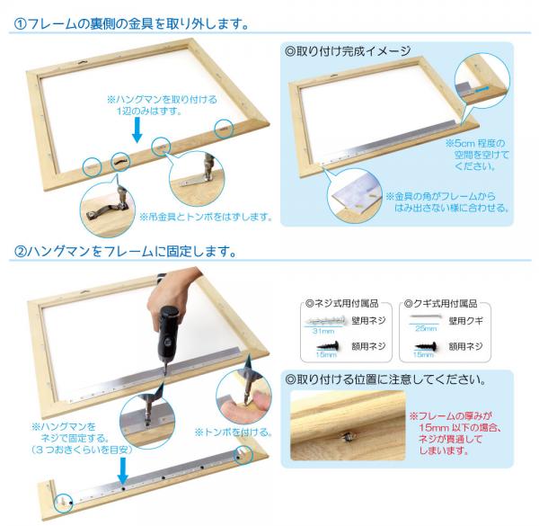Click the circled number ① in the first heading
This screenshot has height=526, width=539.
[20, 24]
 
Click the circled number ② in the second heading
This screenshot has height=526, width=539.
[20, 251]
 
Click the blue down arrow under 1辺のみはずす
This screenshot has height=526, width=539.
[137, 129]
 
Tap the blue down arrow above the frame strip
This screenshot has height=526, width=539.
[123, 470]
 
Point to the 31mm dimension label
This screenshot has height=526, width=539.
[323, 331]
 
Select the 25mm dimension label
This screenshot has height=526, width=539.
[426, 328]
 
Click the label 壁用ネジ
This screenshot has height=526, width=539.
[368, 321]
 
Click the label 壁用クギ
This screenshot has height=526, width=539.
[465, 321]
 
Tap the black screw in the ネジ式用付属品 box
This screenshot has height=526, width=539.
[328, 346]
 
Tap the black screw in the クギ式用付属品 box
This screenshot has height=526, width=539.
[426, 346]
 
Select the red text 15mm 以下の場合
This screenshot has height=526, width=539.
[460, 428]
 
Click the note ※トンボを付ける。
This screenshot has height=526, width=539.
[234, 432]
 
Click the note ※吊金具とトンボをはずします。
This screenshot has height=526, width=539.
[206, 217]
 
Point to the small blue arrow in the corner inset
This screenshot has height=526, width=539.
[482, 89]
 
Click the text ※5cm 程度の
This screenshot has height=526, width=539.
[475, 143]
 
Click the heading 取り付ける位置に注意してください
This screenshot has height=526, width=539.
[385, 379]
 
